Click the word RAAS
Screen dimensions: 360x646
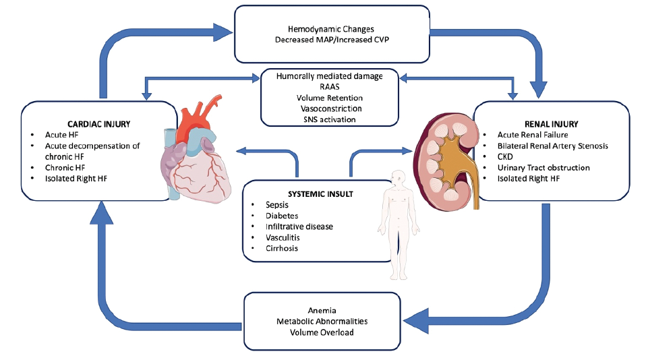(x=329, y=87)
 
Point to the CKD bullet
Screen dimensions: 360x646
(x=508, y=156)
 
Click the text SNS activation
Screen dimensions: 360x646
(x=329, y=119)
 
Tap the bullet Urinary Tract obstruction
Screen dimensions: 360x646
(x=544, y=167)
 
